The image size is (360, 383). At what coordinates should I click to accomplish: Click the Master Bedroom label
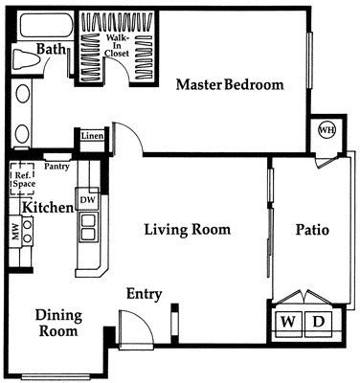pos(230,84)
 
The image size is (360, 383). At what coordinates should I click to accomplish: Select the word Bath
pos(51,49)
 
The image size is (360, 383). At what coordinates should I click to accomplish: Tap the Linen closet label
pos(92,138)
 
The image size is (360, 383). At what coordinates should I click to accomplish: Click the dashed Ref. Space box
pos(22,179)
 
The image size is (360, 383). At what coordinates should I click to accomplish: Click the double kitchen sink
pos(88,226)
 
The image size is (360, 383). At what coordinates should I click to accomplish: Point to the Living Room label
pos(188,230)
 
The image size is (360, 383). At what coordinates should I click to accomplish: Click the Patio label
pos(312,230)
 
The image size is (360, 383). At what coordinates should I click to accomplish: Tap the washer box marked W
pos(287,322)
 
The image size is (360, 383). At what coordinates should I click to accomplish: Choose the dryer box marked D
pos(318,322)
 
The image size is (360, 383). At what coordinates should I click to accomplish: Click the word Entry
pos(144,294)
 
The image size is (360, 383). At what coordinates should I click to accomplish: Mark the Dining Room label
pos(58,323)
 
